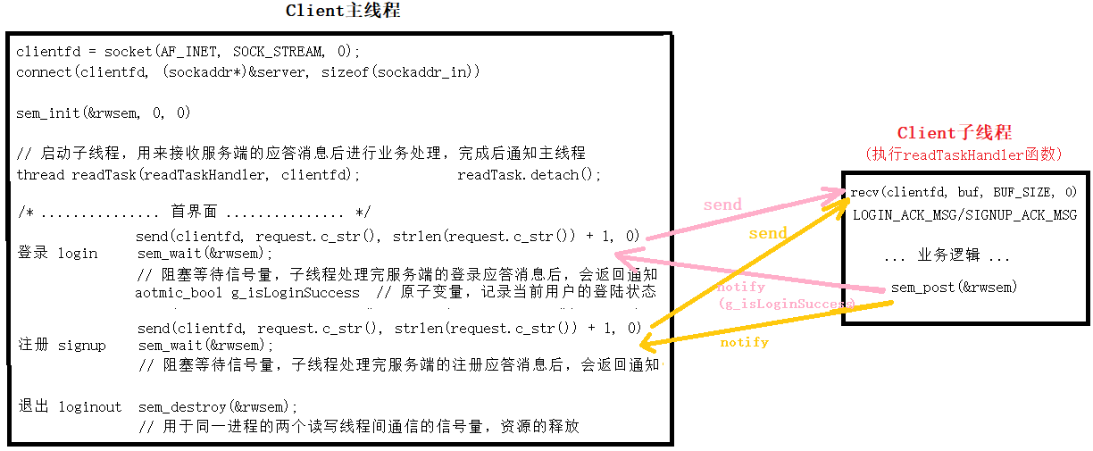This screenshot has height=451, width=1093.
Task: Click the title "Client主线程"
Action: click(343, 11)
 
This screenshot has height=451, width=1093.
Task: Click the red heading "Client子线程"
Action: click(955, 133)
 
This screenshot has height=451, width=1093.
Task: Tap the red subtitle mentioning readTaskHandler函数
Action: click(964, 155)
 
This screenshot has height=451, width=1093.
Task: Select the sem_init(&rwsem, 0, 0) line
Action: click(104, 113)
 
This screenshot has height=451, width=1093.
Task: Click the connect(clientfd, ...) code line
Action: click(248, 71)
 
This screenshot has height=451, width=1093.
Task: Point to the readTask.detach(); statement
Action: click(530, 175)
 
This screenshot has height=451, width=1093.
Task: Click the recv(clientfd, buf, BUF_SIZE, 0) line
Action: click(964, 192)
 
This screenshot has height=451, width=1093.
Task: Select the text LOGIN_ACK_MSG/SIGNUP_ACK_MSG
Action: click(964, 215)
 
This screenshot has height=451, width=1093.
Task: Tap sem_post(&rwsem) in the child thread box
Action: click(954, 288)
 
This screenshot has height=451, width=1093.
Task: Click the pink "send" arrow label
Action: click(722, 205)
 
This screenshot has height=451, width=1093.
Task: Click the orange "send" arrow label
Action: click(767, 234)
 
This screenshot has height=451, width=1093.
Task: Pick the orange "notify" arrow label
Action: click(744, 342)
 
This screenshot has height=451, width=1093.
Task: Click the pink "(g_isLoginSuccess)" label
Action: click(786, 304)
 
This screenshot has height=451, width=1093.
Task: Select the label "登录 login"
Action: click(58, 253)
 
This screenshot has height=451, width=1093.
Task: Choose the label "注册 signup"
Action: click(62, 345)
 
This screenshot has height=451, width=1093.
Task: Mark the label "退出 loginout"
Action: click(70, 406)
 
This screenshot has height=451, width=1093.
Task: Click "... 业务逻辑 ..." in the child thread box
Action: click(947, 256)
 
